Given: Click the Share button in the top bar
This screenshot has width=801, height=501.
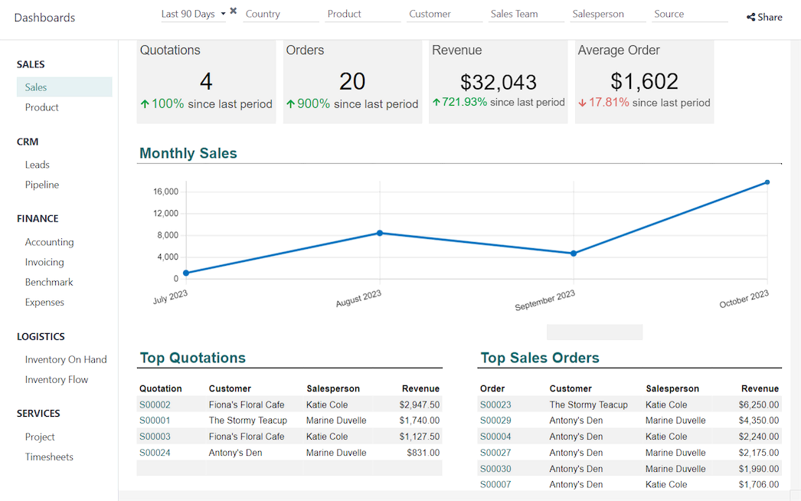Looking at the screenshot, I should click(x=764, y=17).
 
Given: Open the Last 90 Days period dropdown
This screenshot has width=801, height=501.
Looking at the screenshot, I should click(x=194, y=14).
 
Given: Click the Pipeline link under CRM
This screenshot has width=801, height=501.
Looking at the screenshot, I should click(x=41, y=185).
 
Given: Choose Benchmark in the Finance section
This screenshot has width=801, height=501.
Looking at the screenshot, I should click(x=49, y=282).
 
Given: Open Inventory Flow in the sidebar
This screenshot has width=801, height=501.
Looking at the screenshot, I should click(x=56, y=379).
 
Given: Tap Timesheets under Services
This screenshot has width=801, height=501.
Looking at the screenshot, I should click(x=49, y=457).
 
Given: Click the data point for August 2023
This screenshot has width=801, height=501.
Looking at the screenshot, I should click(x=380, y=233).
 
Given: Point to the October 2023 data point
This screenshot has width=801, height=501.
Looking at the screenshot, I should click(x=767, y=182).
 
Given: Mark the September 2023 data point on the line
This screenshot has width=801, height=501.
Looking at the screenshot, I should click(x=574, y=254).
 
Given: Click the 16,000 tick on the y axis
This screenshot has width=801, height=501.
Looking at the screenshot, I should click(x=165, y=192).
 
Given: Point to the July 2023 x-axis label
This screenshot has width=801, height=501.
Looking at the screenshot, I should click(x=171, y=297).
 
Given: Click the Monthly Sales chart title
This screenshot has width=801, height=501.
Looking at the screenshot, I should click(x=188, y=153).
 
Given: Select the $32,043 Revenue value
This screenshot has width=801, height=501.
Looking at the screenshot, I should click(x=498, y=82).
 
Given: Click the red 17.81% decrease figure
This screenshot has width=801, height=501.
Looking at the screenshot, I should click(x=609, y=103).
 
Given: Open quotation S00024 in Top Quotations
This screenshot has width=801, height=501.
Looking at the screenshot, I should click(x=155, y=453).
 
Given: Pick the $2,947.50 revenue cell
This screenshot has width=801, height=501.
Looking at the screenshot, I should click(x=419, y=404).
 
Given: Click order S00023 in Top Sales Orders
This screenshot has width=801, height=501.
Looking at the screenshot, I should click(x=495, y=404).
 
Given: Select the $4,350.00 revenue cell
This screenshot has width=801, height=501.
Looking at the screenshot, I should click(x=758, y=421).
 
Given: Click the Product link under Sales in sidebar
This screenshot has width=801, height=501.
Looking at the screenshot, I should click(x=41, y=107).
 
